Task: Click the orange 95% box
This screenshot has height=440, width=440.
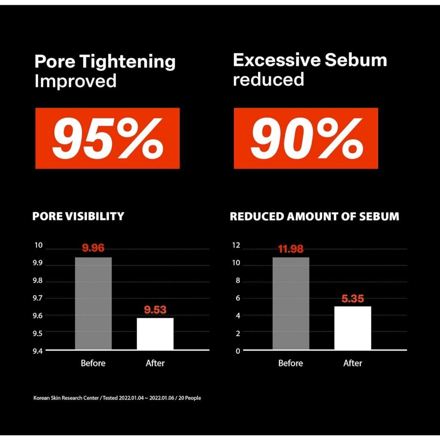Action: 107,138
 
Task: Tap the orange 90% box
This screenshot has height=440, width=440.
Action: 306,138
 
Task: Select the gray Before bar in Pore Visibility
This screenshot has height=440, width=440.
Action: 93,303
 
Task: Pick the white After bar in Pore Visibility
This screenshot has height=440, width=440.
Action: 155,333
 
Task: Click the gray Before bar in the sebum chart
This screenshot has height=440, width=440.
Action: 291,303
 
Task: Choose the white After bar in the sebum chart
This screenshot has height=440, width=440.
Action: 353,328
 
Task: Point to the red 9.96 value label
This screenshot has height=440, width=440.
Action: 93,248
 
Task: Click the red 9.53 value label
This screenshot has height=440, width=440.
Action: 155,310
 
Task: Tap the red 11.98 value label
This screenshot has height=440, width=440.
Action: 291,249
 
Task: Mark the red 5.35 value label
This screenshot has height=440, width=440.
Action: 353,299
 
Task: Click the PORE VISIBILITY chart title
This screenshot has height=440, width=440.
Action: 78,216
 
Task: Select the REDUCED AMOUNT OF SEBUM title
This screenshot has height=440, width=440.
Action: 314,216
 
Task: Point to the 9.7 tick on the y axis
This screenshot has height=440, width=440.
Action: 38,298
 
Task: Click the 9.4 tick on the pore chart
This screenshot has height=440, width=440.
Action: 38,351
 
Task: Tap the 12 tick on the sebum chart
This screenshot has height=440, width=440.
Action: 236,245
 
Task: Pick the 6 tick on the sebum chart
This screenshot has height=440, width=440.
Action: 237,298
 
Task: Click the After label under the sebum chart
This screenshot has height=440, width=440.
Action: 353,363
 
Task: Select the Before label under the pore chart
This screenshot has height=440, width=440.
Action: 93,363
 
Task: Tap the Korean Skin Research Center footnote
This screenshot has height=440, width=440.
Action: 117,398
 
